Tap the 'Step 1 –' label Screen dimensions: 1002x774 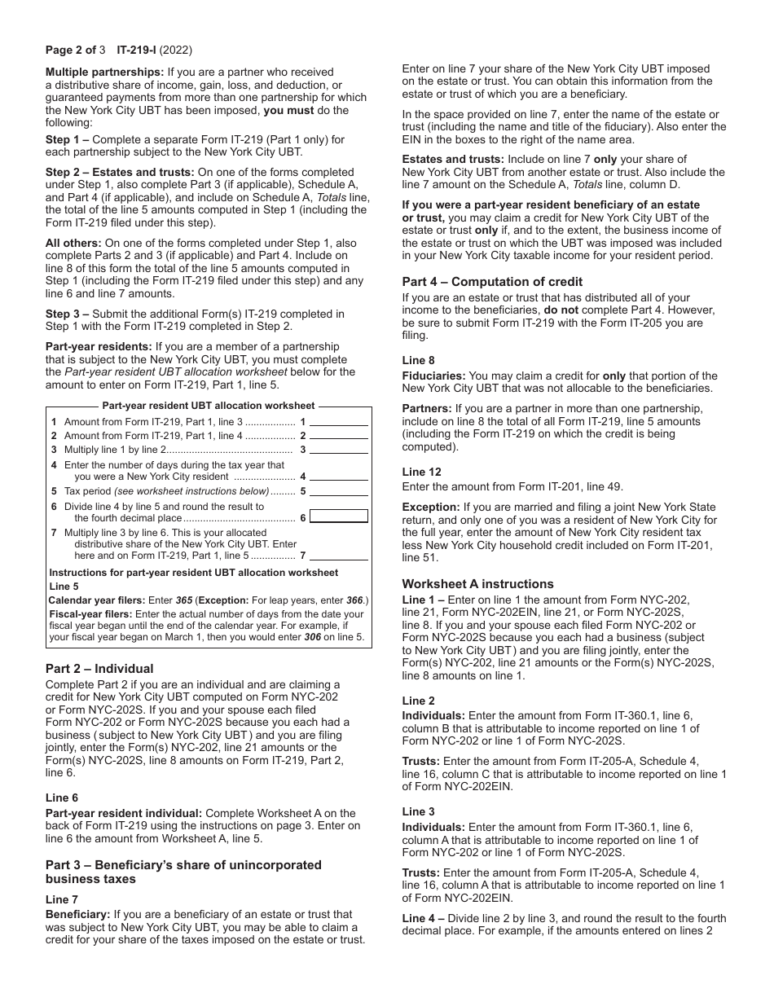tap(68, 140)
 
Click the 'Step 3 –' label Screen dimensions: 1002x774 tap(68, 314)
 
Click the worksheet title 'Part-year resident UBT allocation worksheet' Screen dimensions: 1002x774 tap(208, 406)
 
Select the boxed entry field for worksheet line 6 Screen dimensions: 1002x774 tap(339, 516)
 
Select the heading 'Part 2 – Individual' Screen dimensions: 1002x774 tap(99, 669)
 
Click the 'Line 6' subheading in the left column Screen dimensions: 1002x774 tap(62, 798)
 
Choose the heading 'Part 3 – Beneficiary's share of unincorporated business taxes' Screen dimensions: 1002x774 tap(183, 872)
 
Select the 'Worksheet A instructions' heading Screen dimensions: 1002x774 tap(477, 584)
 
